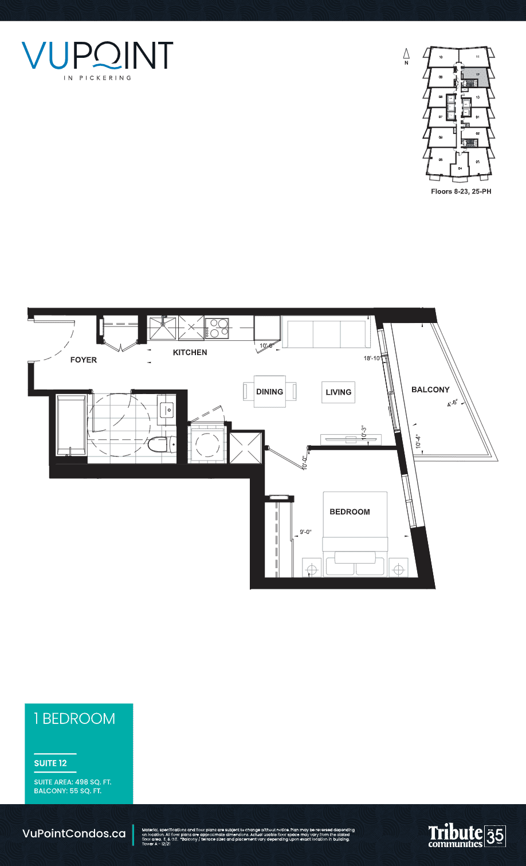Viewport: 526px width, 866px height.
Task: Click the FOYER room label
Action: (x=84, y=360)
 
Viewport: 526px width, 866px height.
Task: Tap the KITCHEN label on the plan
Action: (x=190, y=352)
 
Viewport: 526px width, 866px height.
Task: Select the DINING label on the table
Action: (x=269, y=392)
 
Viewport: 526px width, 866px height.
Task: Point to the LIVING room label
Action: (x=338, y=392)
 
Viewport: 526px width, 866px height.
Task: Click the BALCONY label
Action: (x=430, y=389)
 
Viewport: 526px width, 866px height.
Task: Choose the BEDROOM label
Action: (x=350, y=511)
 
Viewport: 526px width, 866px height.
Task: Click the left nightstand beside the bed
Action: (x=312, y=568)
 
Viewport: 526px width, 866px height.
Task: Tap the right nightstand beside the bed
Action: (x=398, y=568)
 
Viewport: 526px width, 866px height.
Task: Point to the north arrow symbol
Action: (x=406, y=55)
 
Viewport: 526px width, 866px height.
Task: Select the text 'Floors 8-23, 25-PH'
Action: (x=461, y=191)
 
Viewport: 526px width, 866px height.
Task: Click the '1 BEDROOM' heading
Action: (x=74, y=719)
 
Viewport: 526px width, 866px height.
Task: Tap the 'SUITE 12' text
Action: (x=50, y=763)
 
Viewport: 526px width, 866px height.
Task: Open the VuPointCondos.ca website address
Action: (x=74, y=834)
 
